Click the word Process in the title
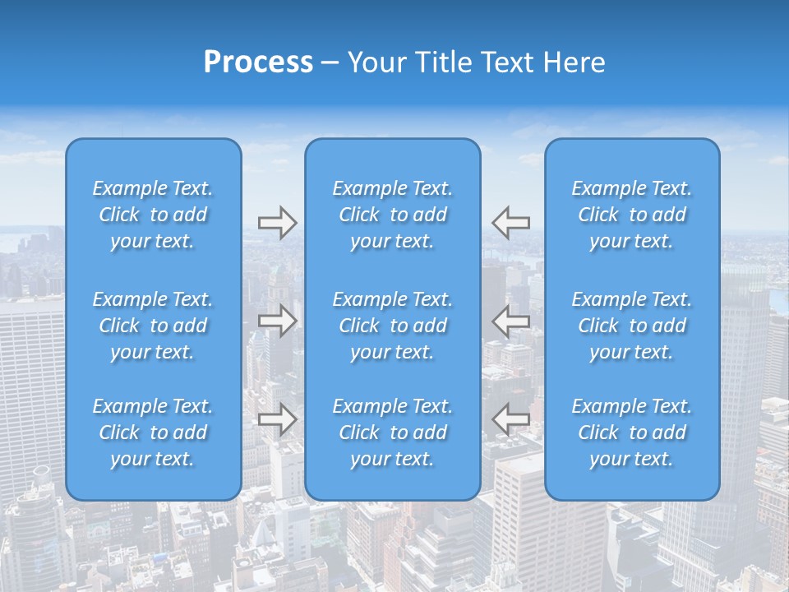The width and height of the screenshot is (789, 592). (258, 62)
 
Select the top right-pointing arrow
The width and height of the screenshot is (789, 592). (277, 223)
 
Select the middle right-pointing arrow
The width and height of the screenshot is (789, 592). (277, 321)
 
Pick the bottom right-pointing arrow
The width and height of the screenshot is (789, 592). (277, 419)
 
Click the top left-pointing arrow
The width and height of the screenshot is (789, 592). (511, 223)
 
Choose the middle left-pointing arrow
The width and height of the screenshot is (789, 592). (511, 321)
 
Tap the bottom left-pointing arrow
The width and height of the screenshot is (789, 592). (511, 419)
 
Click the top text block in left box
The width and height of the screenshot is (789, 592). (153, 215)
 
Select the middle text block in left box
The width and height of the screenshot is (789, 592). (153, 326)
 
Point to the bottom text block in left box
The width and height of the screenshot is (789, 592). (153, 432)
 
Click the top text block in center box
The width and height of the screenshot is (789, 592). (393, 215)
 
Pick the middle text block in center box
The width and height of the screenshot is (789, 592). (393, 326)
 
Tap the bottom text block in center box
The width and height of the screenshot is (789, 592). (393, 432)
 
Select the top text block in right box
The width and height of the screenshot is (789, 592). (632, 215)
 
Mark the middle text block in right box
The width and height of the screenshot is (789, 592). (632, 326)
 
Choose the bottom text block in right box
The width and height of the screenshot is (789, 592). (632, 432)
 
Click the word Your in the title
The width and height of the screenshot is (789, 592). (376, 62)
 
